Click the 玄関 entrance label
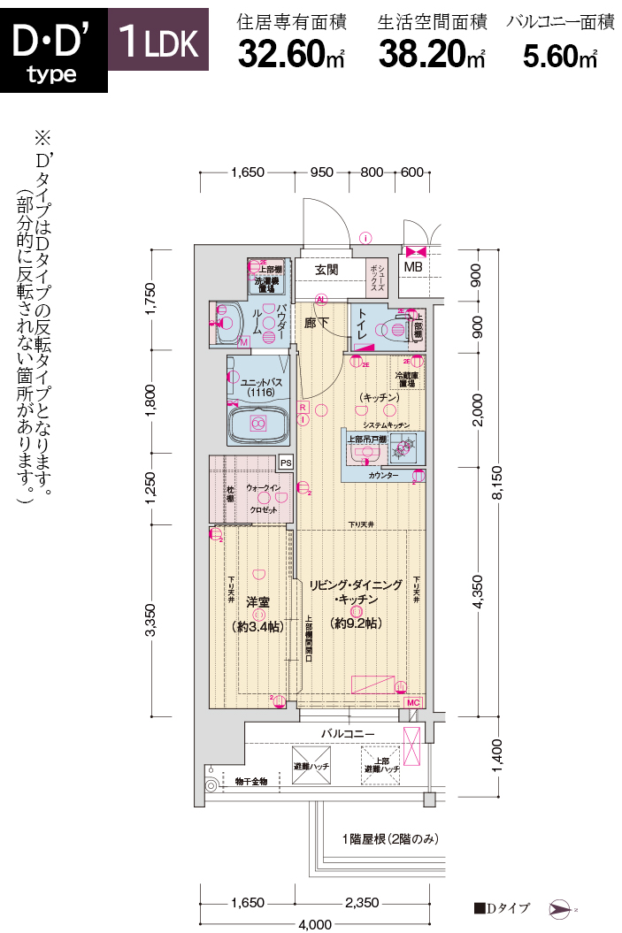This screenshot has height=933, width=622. click(326, 269)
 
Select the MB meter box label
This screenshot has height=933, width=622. click(413, 267)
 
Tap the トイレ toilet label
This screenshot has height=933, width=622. click(364, 326)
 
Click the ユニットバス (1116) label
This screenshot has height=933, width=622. click(259, 386)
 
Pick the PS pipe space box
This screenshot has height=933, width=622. click(285, 462)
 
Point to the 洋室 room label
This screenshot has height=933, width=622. click(257, 600)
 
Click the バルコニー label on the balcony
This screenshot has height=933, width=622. click(348, 733)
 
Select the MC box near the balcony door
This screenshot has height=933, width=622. click(412, 701)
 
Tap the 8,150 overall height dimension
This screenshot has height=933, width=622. click(497, 484)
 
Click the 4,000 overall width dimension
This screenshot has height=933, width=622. click(315, 924)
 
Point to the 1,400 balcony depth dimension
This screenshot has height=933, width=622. click(497, 757)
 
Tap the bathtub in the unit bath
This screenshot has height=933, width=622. click(258, 424)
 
